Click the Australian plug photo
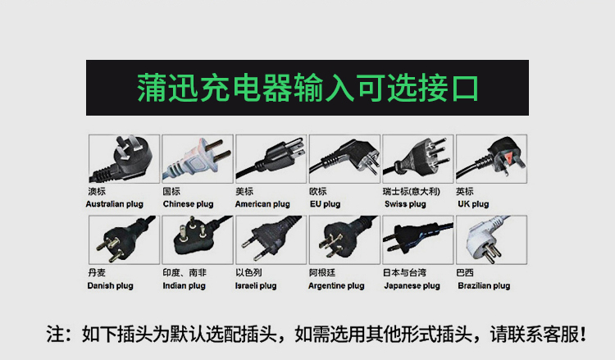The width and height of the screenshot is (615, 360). point(124,159)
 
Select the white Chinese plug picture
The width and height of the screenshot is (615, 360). point(198,159)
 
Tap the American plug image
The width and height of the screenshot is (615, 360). point(271,159)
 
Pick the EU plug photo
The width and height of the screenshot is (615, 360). point(344,159)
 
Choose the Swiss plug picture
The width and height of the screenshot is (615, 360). point(418,159)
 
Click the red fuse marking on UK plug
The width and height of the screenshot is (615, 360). point(508,158)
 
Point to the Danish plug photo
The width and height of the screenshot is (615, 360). point(124,239)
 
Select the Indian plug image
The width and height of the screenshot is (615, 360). point(198,239)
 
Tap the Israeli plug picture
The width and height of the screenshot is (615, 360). point(271,239)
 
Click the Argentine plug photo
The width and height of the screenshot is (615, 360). point(344,239)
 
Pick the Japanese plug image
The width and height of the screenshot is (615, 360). point(418,239)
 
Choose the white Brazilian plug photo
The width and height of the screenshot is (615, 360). point(491,239)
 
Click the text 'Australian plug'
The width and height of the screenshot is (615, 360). point(115,204)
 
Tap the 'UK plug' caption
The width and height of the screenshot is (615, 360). point(473,204)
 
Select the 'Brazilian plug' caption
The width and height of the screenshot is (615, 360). point(484,286)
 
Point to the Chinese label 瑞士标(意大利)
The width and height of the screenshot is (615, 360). point(412,191)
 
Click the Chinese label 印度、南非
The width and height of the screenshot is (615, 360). point(184,272)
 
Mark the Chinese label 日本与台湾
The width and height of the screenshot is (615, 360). point(405,272)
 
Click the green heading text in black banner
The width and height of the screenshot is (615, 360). point(307,88)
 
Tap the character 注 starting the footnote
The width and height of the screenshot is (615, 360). point(55,334)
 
